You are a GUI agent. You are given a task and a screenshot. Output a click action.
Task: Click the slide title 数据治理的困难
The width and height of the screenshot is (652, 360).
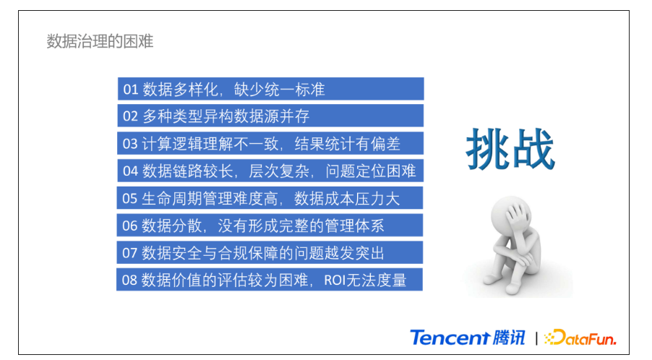tap(100, 42)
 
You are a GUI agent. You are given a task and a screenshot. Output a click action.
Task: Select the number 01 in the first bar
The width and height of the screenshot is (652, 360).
tap(131, 90)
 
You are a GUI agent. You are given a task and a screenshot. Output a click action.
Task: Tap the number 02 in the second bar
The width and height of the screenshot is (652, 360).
tap(130, 116)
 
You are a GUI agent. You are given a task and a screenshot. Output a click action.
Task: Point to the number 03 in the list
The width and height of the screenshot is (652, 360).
tap(129, 144)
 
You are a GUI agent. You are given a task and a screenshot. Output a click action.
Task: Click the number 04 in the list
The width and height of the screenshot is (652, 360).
tap(130, 171)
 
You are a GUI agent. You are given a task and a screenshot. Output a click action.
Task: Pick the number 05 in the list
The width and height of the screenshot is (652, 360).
tap(129, 198)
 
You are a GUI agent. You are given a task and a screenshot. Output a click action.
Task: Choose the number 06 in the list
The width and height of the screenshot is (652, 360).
tap(129, 226)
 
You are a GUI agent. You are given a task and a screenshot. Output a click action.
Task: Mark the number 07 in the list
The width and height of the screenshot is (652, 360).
tap(129, 253)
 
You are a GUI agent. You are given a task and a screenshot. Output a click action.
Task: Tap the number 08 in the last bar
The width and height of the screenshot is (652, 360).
tap(129, 280)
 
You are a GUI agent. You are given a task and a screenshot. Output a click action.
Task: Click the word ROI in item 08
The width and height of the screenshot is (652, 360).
tap(335, 280)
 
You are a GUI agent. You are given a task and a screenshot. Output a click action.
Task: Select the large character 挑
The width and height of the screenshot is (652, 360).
tap(488, 149)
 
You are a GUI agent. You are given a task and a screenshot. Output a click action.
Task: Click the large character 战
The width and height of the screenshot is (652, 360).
tap(533, 149)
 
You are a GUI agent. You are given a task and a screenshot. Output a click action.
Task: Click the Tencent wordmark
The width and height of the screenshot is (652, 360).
tap(450, 338)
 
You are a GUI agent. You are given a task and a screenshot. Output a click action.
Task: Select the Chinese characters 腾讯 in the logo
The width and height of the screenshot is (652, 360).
tap(509, 338)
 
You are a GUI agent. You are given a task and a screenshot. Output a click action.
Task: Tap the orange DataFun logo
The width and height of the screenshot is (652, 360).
tap(580, 338)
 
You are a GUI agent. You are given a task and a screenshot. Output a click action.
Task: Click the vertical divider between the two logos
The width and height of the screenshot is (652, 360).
tap(536, 338)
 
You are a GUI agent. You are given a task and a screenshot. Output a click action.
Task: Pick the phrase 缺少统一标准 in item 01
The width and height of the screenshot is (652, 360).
tap(280, 90)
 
